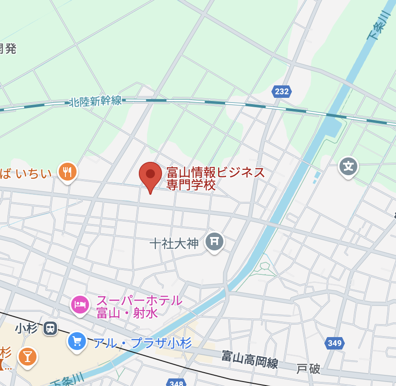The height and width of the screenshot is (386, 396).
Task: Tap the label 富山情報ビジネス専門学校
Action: pyautogui.click(x=216, y=178)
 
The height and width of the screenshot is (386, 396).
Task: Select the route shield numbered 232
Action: pyautogui.click(x=282, y=92)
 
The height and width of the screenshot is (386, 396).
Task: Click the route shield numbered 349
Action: pyautogui.click(x=335, y=343)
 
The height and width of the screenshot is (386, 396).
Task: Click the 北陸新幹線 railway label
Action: pyautogui.click(x=96, y=102)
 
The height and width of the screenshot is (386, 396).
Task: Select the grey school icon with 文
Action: pyautogui.click(x=348, y=166)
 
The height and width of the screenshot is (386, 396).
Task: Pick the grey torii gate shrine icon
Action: pyautogui.click(x=214, y=241)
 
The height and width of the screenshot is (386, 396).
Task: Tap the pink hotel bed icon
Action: pyautogui.click(x=81, y=305)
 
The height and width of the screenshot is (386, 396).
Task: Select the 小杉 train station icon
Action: pyautogui.click(x=50, y=329)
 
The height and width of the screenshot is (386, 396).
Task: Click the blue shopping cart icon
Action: pyautogui.click(x=77, y=341)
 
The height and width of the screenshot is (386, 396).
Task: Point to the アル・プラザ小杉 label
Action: pyautogui.click(x=142, y=343)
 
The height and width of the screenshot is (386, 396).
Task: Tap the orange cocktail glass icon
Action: pyautogui.click(x=28, y=356)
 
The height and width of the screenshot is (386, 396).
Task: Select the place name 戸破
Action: pyautogui.click(x=308, y=369)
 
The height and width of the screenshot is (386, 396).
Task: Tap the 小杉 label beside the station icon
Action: pyautogui.click(x=26, y=328)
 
